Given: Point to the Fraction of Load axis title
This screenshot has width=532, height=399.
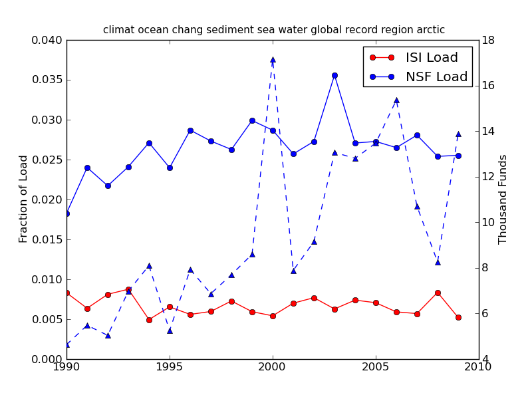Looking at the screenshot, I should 24,199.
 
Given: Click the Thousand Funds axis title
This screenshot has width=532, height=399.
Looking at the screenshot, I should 503,199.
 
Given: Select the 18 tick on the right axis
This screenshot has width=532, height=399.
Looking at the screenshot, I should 487,40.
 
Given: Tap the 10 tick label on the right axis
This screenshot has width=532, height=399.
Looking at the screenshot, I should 487,222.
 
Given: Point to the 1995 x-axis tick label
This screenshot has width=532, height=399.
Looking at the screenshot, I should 170,367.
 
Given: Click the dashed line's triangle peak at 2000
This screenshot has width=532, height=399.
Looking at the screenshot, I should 273,60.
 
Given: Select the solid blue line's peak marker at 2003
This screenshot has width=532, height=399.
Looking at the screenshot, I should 334,75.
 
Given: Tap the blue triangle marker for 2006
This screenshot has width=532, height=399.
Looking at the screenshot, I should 396,100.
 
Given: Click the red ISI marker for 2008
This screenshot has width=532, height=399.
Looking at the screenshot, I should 438,293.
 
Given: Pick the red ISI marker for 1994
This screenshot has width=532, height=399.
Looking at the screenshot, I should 149,320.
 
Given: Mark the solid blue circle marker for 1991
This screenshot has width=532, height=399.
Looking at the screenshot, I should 87,168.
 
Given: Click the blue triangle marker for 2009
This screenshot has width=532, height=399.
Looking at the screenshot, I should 458,134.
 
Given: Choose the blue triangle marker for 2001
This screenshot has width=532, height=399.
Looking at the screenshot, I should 293,271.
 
